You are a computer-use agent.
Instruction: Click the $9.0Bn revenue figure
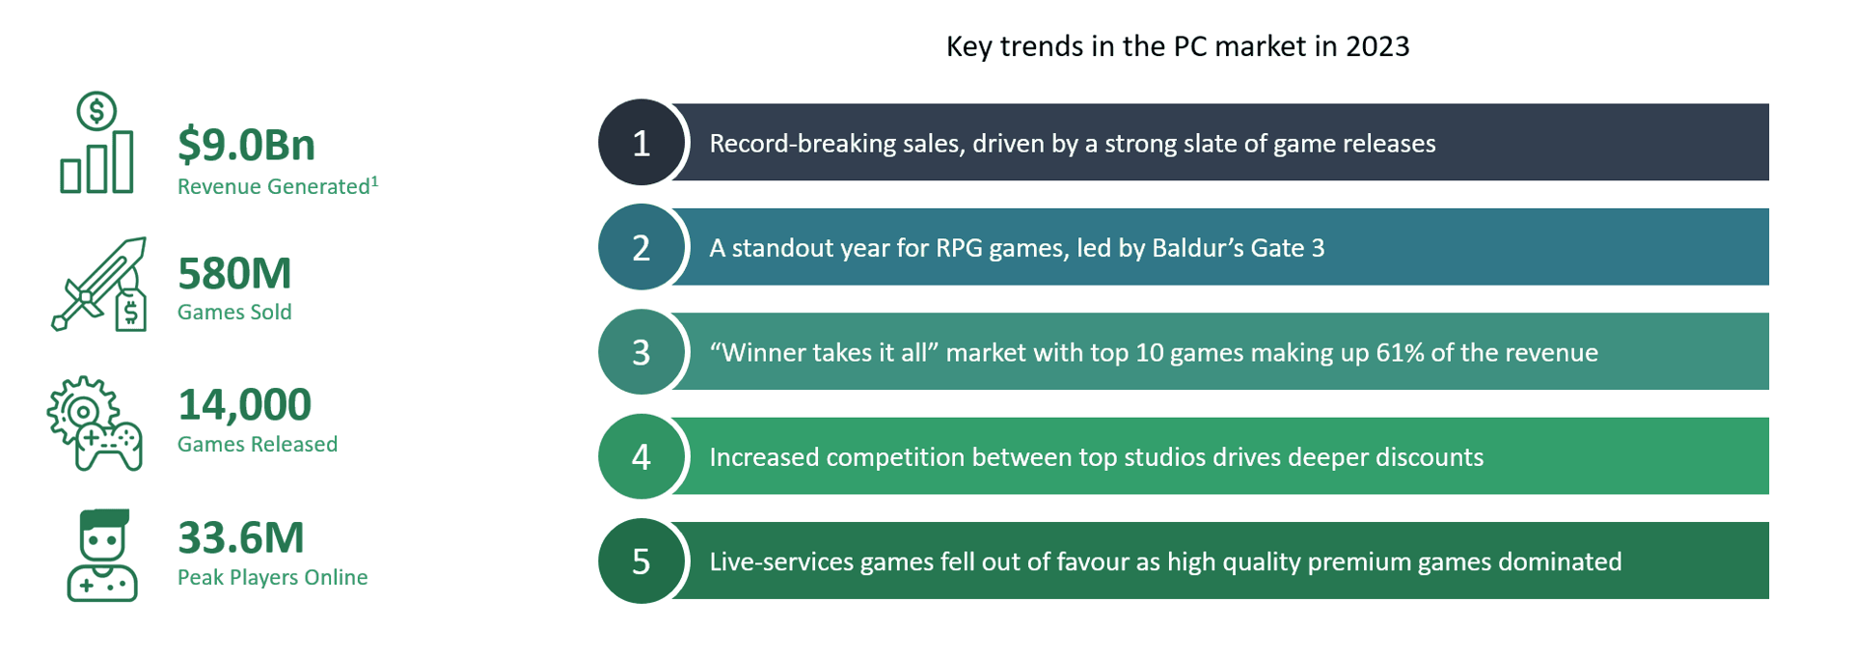click(x=246, y=145)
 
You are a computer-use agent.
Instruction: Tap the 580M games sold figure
click(x=234, y=274)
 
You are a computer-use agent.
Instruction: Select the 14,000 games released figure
click(x=244, y=405)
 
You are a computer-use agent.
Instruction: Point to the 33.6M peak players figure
click(x=240, y=538)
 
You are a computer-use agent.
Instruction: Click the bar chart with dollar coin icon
click(x=96, y=144)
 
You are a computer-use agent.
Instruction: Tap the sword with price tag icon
click(x=99, y=285)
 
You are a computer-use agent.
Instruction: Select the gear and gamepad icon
click(x=95, y=424)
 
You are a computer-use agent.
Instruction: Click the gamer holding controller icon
click(x=102, y=556)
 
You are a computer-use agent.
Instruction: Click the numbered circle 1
click(x=641, y=143)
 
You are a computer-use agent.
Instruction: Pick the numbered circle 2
click(x=641, y=248)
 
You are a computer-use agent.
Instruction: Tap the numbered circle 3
click(x=641, y=352)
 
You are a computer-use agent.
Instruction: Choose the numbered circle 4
click(x=641, y=456)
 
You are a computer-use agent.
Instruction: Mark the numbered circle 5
click(x=641, y=561)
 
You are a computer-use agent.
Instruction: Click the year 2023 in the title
click(x=1377, y=46)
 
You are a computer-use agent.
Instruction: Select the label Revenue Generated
click(x=273, y=187)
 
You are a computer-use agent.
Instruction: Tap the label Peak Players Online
click(x=272, y=577)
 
